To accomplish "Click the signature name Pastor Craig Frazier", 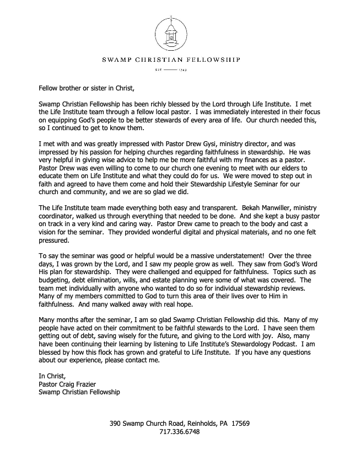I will [72, 384].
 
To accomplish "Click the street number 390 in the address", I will [115, 424].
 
